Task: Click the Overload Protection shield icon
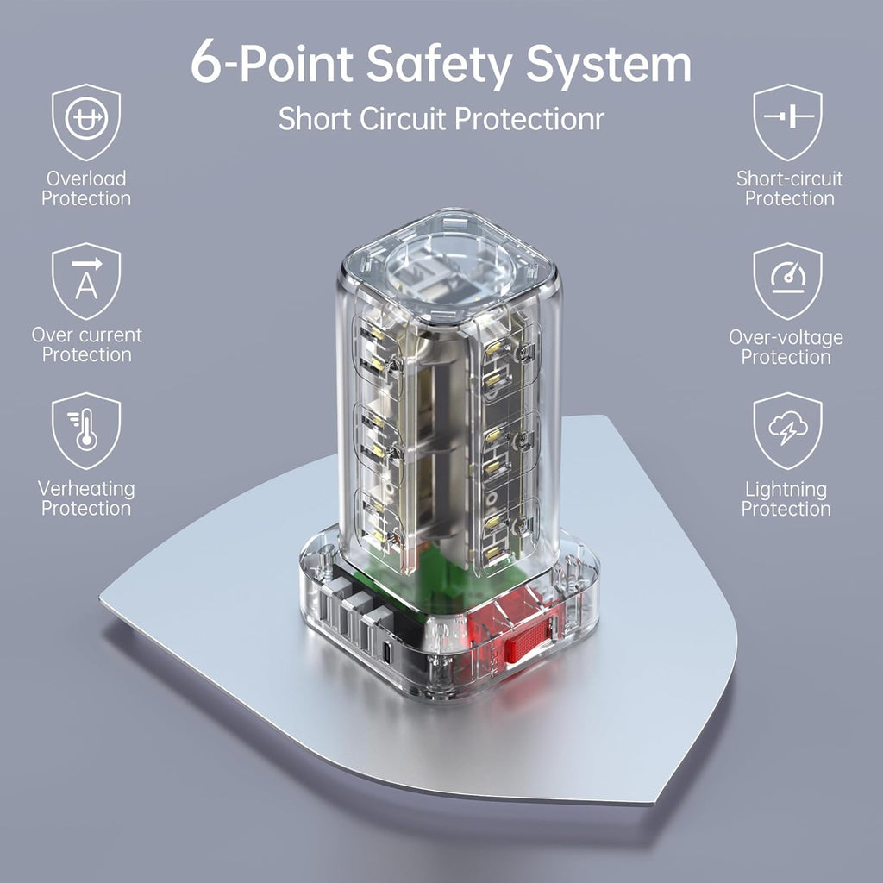(86, 122)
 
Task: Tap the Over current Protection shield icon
(86, 280)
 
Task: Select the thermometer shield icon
(86, 431)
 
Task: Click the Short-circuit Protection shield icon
(788, 122)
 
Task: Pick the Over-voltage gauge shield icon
(788, 280)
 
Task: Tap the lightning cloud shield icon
(788, 431)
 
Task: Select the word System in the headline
(608, 65)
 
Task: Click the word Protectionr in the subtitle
(529, 119)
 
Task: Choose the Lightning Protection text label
(786, 499)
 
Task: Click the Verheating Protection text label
(86, 498)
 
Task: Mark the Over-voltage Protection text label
(786, 347)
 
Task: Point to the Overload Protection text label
(86, 188)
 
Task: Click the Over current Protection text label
(87, 345)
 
